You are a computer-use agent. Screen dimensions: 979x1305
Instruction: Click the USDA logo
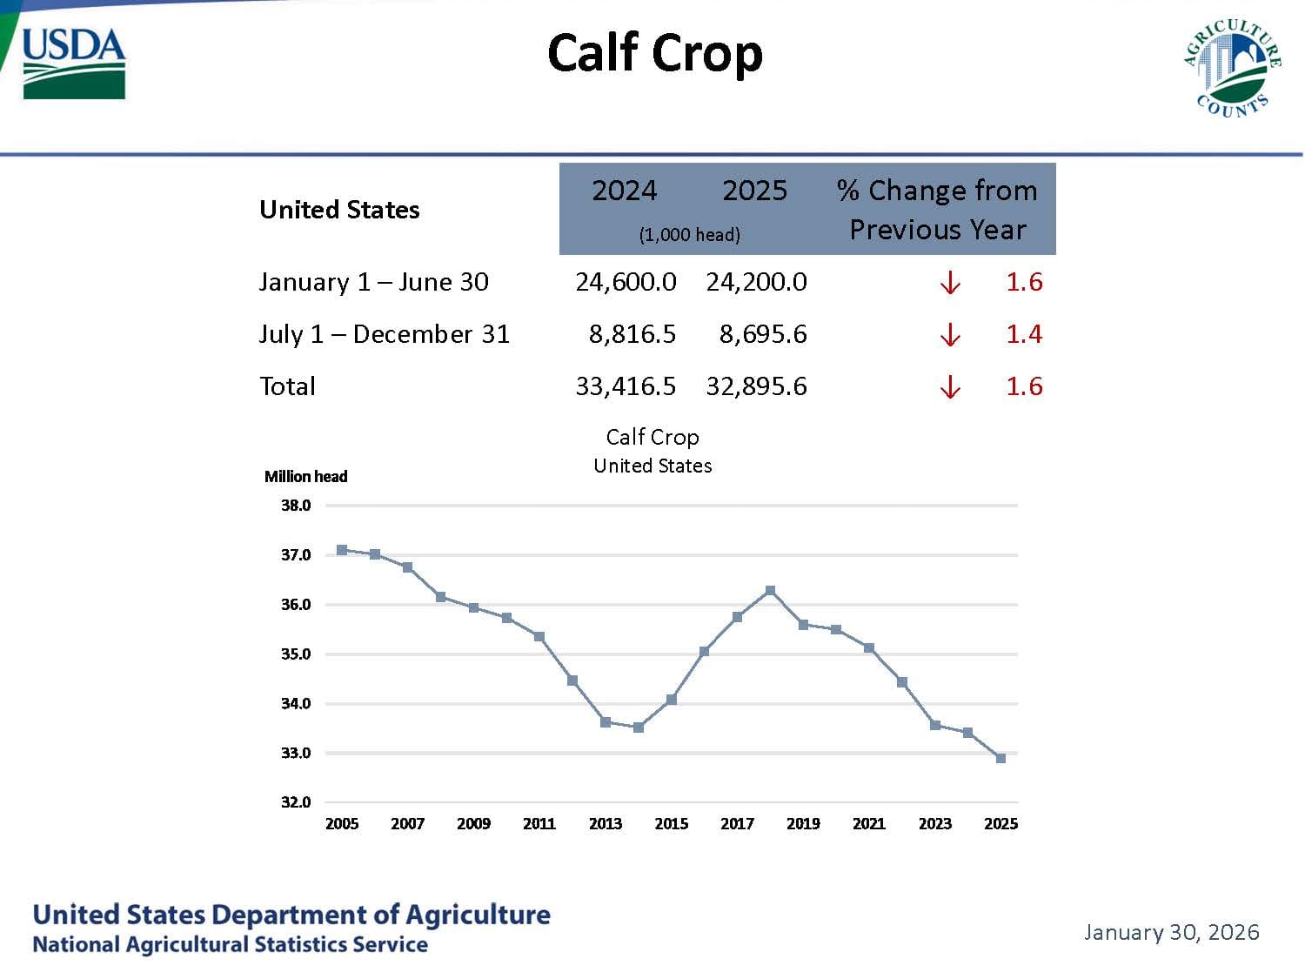(74, 63)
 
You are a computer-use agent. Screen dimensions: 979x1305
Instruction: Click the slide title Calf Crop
(655, 53)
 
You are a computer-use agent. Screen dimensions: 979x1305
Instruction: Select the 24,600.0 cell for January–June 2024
(626, 282)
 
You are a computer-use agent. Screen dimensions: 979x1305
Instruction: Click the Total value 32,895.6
(756, 386)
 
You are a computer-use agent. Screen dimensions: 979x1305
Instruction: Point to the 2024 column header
(624, 191)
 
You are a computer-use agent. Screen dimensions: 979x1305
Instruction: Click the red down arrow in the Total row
(950, 387)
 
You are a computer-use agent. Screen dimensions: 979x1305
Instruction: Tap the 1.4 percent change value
(1024, 334)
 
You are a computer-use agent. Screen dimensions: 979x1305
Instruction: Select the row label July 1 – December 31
(384, 334)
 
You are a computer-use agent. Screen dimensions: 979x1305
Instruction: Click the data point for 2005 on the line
(342, 550)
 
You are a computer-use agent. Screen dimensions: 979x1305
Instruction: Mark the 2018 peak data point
(770, 591)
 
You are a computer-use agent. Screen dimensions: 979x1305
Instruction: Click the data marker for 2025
(1000, 759)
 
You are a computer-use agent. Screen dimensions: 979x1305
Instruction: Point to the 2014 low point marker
(639, 728)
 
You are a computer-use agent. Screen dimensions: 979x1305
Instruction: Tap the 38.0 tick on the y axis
(296, 506)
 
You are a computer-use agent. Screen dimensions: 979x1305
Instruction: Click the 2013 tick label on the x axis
(606, 824)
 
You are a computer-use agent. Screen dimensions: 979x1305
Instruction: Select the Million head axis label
(305, 477)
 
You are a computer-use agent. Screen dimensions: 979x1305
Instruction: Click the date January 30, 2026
(1171, 933)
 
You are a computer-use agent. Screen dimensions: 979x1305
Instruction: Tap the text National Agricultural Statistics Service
(230, 945)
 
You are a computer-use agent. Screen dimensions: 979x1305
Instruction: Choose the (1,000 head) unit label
(689, 235)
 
